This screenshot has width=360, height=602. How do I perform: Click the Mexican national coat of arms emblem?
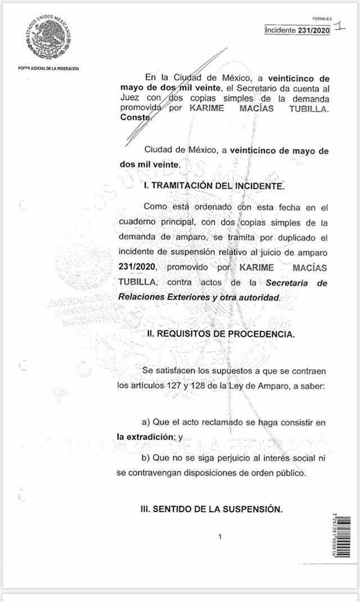48,38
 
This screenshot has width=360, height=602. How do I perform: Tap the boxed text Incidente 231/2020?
298,30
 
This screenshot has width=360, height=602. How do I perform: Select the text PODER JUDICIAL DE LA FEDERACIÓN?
48,69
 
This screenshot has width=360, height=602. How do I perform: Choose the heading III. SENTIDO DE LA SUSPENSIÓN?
211,509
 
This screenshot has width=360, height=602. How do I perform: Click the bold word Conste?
136,118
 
